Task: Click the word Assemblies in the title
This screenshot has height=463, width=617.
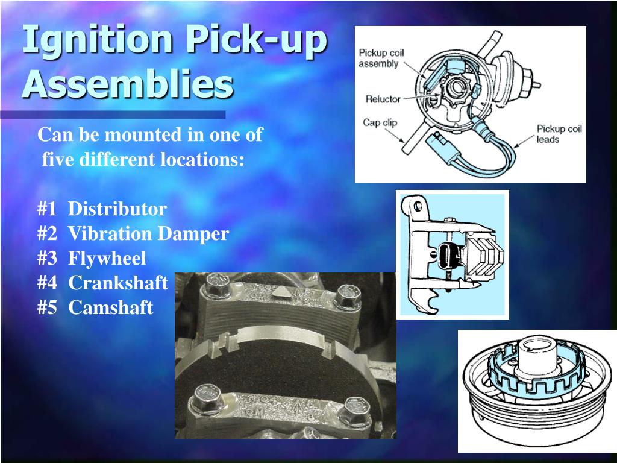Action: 127,84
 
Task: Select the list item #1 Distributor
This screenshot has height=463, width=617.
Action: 101,209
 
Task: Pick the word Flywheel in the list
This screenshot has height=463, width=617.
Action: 107,259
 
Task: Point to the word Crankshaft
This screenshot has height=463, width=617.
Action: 118,283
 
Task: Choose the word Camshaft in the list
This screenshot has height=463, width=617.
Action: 111,307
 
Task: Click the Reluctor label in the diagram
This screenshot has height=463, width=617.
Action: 383,99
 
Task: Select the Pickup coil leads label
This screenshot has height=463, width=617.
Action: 559,134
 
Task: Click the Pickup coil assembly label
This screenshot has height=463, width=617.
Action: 381,58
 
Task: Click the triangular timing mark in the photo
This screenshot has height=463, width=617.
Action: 280,292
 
